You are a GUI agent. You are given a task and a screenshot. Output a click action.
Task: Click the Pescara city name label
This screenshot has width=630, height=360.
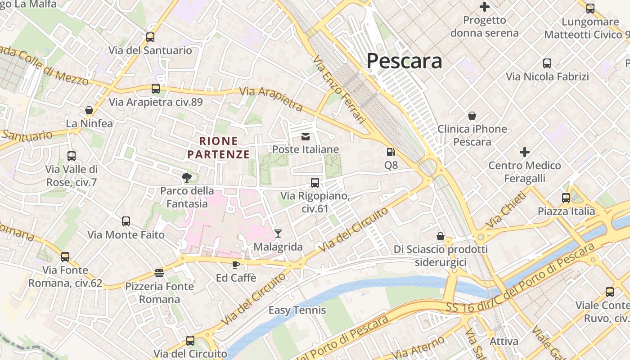404,61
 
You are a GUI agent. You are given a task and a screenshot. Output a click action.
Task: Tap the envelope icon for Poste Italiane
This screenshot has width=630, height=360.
306,136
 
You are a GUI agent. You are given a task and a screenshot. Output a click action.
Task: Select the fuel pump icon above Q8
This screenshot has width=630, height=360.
391,153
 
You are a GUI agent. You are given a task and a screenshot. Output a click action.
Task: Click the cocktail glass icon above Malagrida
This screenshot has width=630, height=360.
278,233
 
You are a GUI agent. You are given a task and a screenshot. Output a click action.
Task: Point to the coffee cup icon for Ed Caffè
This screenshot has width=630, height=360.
235,265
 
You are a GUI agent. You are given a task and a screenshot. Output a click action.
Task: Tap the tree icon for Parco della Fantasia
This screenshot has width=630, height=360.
186,178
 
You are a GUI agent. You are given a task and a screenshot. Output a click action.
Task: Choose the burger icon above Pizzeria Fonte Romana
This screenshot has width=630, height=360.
159,273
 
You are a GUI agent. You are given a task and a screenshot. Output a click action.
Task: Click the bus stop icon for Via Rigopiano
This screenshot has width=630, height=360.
315,182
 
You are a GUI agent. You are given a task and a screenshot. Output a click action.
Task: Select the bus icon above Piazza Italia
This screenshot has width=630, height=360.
566,198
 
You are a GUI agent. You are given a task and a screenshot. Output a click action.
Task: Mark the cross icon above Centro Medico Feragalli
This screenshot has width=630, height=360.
524,152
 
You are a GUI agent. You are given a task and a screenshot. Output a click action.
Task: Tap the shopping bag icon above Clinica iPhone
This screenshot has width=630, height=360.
472,116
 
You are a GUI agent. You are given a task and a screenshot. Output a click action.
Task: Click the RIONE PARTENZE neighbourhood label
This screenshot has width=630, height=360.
218,148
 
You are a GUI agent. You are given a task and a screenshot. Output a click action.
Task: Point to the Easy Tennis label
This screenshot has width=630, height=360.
297,310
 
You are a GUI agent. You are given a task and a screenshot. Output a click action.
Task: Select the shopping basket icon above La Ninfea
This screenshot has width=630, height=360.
89,110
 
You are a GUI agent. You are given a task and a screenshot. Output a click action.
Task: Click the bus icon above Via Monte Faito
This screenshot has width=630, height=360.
126,221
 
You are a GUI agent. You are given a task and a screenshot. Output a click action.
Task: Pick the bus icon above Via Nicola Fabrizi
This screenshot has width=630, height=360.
547,63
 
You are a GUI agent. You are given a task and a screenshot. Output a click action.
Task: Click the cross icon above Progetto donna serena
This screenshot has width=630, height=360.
485,7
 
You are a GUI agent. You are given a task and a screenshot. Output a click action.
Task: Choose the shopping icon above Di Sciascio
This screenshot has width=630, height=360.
441,236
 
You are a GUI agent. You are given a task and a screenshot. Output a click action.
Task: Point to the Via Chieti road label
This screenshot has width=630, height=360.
506,211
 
